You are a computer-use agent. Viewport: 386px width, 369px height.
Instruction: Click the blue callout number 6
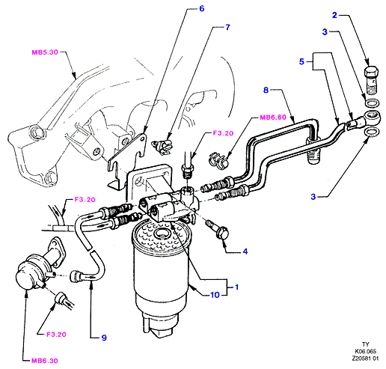pyautogui.click(x=202, y=9)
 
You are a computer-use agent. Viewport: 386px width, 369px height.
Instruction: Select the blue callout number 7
pyautogui.click(x=227, y=27)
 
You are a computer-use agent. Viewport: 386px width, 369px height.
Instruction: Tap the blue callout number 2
pyautogui.click(x=334, y=15)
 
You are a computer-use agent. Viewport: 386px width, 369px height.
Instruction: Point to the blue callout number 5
pyautogui.click(x=301, y=61)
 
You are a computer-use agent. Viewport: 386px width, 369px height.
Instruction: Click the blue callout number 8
pyautogui.click(x=266, y=90)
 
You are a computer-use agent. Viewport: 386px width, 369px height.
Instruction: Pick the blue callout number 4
pyautogui.click(x=245, y=251)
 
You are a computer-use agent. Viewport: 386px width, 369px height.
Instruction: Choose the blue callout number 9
pyautogui.click(x=104, y=338)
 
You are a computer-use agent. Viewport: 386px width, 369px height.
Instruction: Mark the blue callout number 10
pyautogui.click(x=215, y=295)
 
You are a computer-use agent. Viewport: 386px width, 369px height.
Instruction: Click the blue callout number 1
pyautogui.click(x=236, y=287)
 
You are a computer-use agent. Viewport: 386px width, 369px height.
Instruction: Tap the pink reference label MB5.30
pyautogui.click(x=45, y=52)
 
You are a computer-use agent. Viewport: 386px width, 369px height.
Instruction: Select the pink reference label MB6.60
pyautogui.click(x=273, y=118)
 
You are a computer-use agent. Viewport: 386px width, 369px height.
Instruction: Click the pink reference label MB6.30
pyautogui.click(x=45, y=361)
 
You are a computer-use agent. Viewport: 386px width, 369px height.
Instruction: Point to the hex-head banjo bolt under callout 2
pyautogui.click(x=372, y=80)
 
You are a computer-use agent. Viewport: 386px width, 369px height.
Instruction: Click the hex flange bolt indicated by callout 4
pyautogui.click(x=218, y=229)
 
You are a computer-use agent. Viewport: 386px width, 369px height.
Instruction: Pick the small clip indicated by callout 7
pyautogui.click(x=162, y=147)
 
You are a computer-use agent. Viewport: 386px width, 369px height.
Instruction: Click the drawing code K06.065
pyautogui.click(x=365, y=352)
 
